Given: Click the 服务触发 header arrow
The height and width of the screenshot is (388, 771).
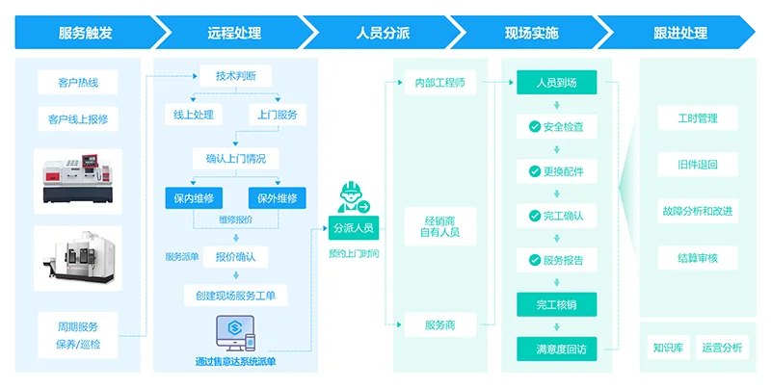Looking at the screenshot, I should coord(85,32).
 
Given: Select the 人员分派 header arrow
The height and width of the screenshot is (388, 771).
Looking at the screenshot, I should coord(383,32).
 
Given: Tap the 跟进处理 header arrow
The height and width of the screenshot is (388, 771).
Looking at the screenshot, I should coord(680,32).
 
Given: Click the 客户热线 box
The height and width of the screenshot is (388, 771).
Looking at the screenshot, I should coord(78,83).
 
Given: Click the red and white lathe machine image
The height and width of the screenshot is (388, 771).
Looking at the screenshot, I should coord(78,180).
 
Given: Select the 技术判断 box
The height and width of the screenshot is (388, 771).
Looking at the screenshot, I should coord(235,75).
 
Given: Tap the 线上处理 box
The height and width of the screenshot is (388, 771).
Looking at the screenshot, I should coord(193,114).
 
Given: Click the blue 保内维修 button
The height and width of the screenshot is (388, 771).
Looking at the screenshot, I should coord(193,198).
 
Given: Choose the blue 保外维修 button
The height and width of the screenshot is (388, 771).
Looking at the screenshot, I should coord(278,198).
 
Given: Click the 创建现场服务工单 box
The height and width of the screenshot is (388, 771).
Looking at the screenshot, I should coord(235,296).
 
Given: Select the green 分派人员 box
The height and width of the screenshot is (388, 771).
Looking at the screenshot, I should coord(353,228).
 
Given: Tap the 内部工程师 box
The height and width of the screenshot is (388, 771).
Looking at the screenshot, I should coord(439,83).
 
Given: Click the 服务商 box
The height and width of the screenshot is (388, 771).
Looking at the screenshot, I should coord(439,324).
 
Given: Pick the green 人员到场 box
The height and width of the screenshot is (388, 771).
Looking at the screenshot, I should coord(556,83).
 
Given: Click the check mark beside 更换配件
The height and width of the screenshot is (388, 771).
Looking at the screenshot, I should coord(535,171).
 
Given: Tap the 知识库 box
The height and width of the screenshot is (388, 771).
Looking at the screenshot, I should coord(667,348).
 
